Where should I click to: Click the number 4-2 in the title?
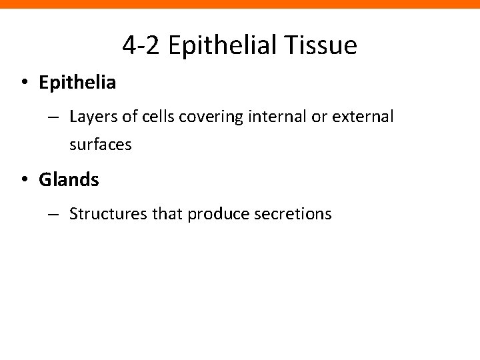(142, 45)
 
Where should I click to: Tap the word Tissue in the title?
(324, 45)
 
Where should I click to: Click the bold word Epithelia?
(77, 83)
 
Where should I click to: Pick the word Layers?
(91, 117)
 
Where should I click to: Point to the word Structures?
(101, 214)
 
